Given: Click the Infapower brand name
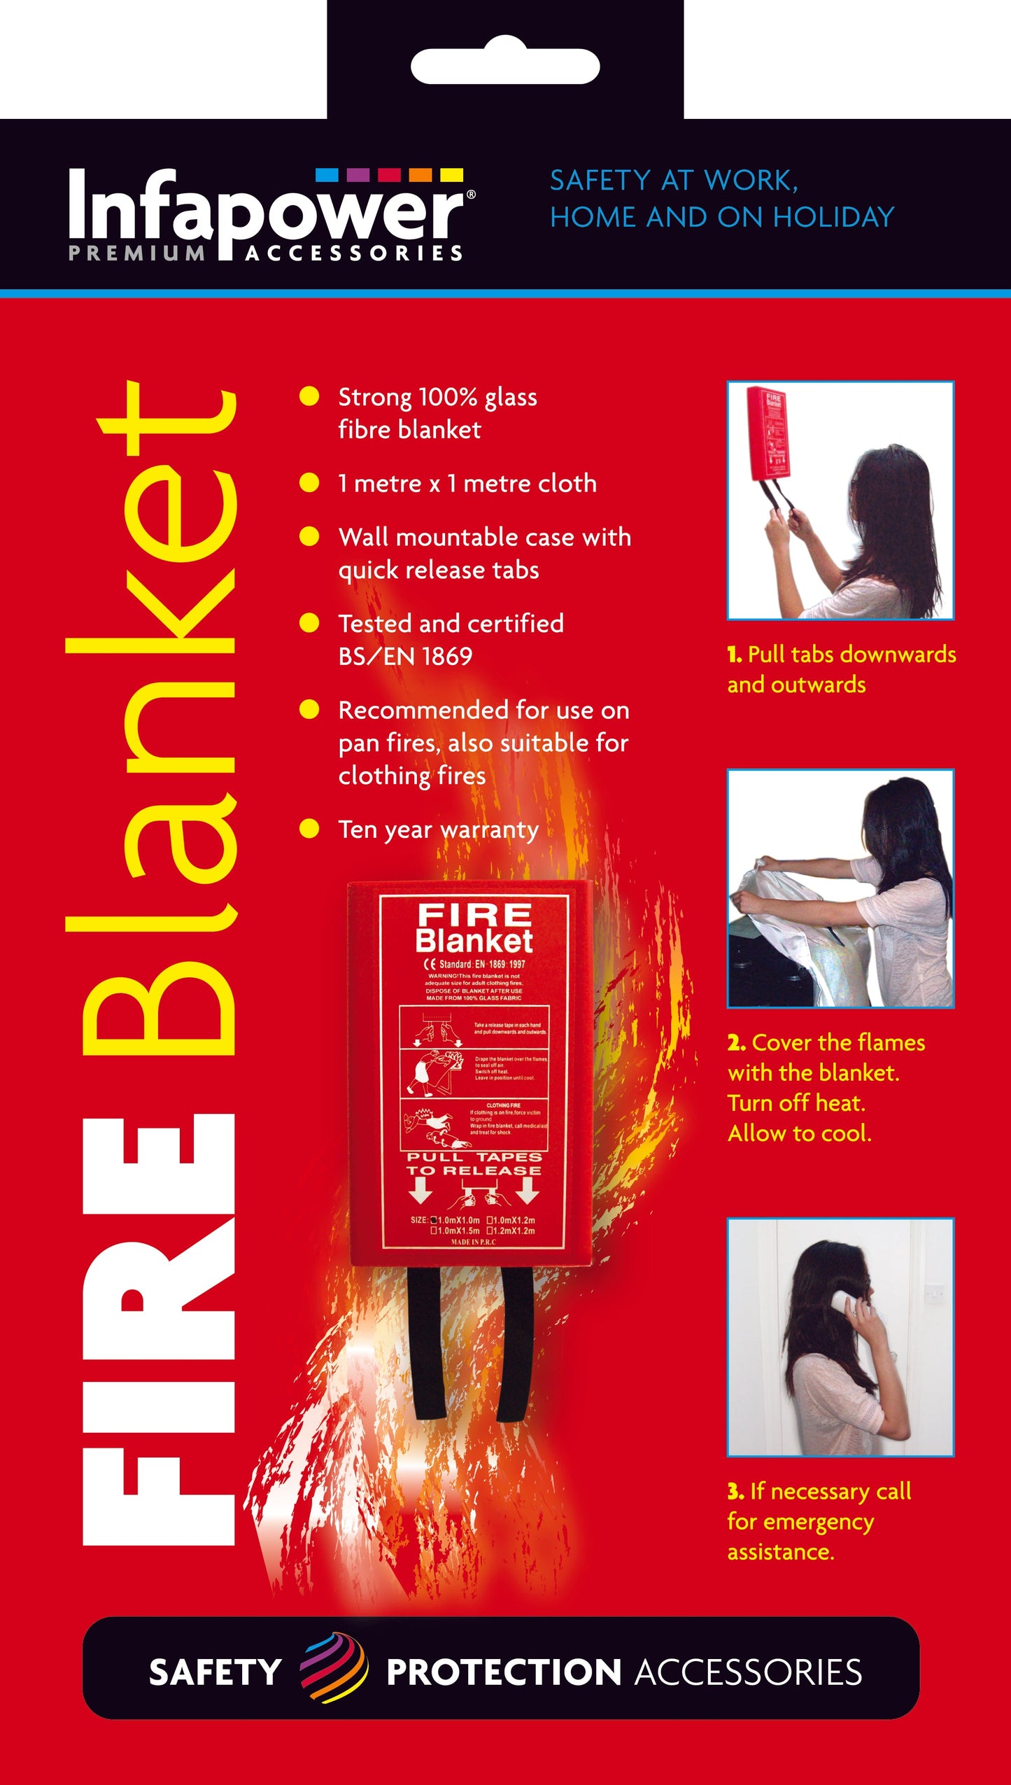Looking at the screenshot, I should point(266,210).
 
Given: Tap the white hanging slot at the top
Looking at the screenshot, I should point(505,66).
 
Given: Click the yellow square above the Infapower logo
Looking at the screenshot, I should point(451,175).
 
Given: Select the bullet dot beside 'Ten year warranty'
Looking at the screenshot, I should point(309,829).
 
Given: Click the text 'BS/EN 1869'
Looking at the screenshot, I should point(405,657).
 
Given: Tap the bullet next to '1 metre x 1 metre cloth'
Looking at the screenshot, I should point(309,483).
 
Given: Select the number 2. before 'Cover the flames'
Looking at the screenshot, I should point(736,1043).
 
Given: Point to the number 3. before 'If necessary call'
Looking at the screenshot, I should point(735,1491).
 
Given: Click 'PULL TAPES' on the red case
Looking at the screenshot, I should point(474,1157).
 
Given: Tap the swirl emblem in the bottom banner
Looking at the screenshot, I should point(333,1672).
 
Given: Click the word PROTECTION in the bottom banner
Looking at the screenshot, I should point(504,1673).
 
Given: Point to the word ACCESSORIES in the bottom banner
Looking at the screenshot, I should point(748,1673).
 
